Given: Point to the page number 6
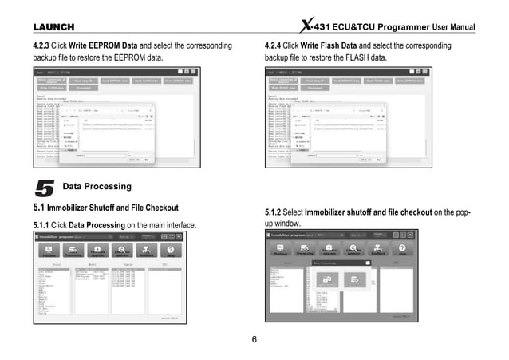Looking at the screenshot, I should coord(254,339).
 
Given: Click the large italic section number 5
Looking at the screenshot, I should coord(45,188).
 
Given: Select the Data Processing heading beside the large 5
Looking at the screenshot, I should coord(97,187).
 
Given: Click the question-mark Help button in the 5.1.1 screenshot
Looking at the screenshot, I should coord(170,251).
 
